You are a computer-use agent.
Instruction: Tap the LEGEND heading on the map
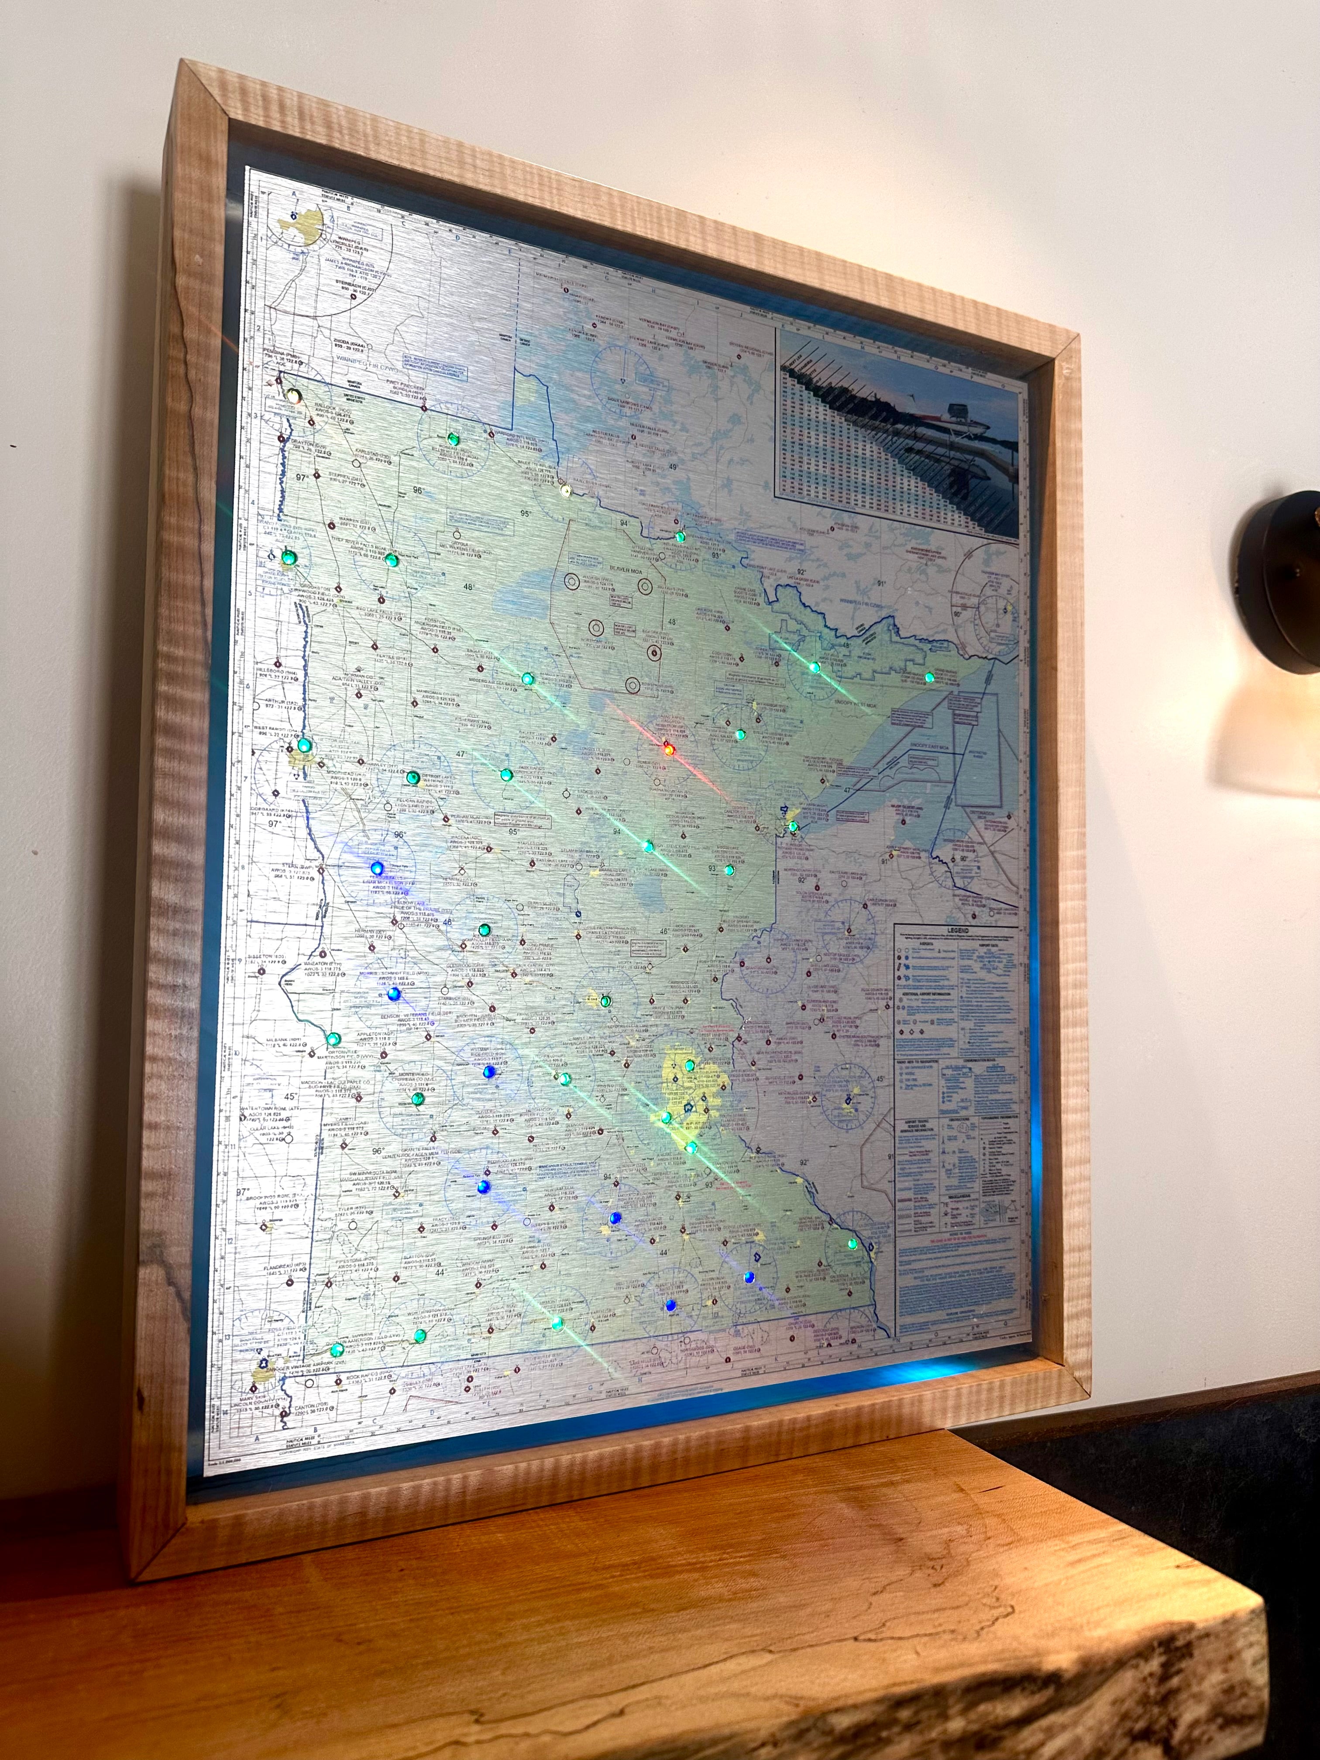pos(957,929)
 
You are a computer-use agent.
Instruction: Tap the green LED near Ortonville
pos(333,1039)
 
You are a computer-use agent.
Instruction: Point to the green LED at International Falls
pos(680,537)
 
